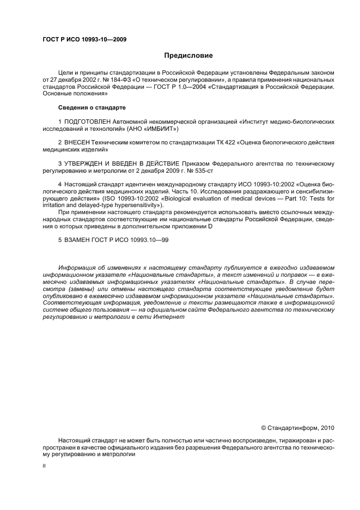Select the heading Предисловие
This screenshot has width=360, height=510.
tap(188, 56)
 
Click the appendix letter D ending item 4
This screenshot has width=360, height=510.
tap(210, 227)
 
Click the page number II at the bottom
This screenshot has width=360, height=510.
tap(45, 466)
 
